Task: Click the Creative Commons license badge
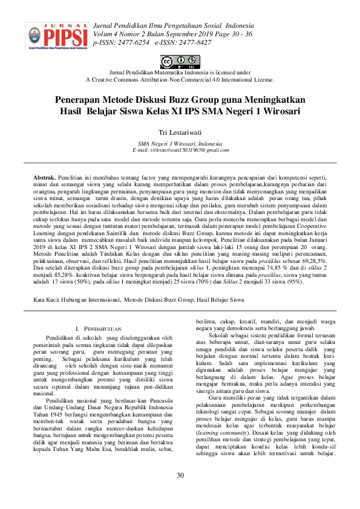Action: [x=180, y=61]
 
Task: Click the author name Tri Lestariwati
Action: [x=180, y=132]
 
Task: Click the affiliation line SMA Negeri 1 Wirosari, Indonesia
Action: [x=180, y=143]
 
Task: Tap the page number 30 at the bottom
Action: [x=180, y=475]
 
